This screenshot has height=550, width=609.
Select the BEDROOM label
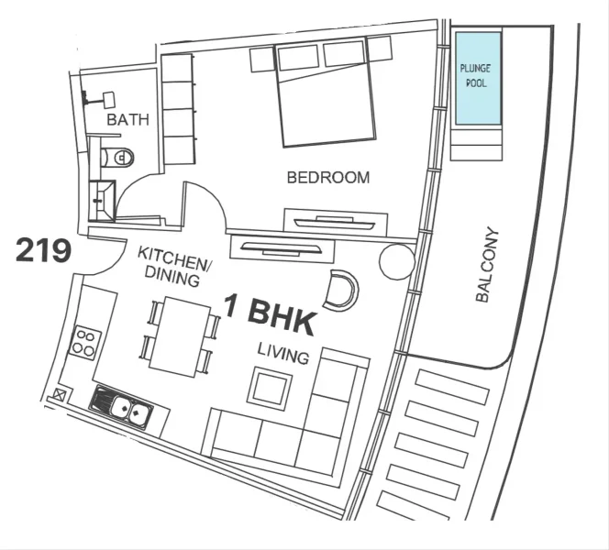tap(328, 178)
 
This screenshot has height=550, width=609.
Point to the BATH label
tap(127, 120)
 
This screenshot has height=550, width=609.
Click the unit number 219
tap(43, 250)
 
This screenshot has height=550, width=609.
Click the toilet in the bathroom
tap(116, 158)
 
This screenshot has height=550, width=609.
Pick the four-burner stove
tap(85, 342)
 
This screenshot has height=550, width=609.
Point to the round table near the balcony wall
tap(396, 262)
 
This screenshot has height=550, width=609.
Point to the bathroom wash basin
tap(107, 99)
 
